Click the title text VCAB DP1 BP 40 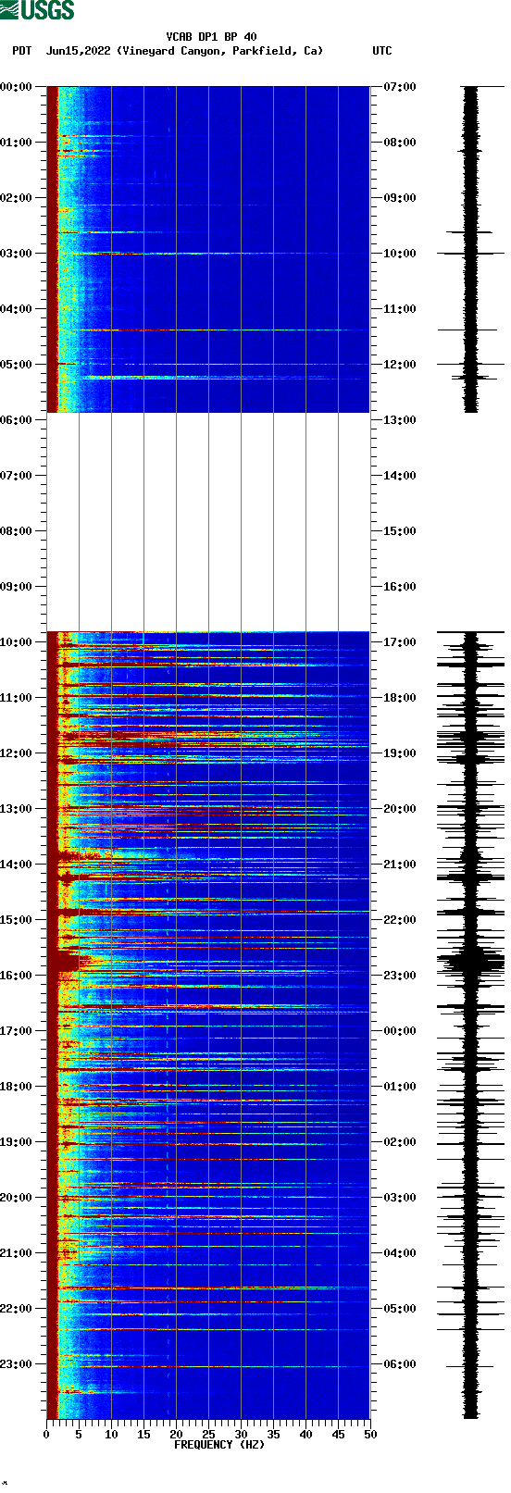pos(211,37)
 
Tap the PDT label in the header pos(21,51)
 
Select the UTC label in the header pos(381,51)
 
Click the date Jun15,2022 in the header pos(78,51)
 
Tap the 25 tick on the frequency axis pos(208,1434)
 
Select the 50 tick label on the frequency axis pos(370,1434)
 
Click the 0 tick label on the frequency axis pos(46,1434)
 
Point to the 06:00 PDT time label pos(16,419)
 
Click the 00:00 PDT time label pos(16,86)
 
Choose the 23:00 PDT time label pos(16,1363)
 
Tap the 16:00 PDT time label pos(16,975)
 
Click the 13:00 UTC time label pos(401,419)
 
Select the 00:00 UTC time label pos(401,1030)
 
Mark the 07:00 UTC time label pos(401,86)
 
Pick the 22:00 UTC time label pos(401,919)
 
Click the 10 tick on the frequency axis pos(111,1434)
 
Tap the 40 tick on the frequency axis pos(305,1434)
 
